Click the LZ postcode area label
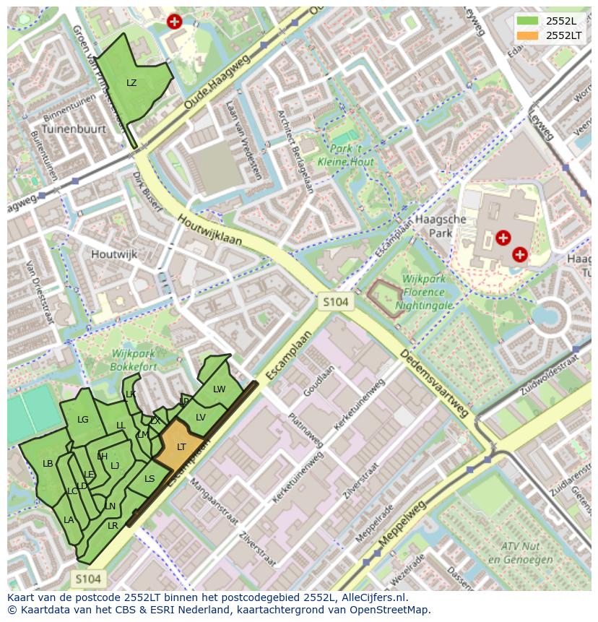pos(131,83)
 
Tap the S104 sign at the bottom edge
pos(88,579)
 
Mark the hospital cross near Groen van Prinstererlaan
pos(173,22)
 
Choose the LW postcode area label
pos(220,389)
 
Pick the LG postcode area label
pos(83,420)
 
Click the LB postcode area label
pos(48,464)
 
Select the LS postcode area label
pos(149,478)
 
